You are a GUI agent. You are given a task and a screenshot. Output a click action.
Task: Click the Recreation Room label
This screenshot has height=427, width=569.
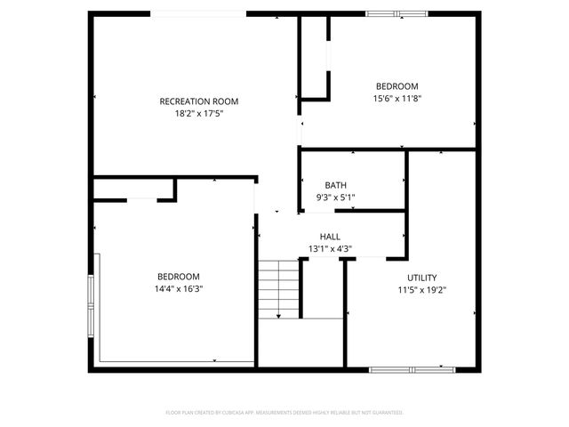pyautogui.click(x=199, y=101)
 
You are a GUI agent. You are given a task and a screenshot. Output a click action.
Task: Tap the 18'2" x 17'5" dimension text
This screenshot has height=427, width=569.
pyautogui.click(x=199, y=114)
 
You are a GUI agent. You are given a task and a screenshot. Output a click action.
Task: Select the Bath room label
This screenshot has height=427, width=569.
pyautogui.click(x=336, y=185)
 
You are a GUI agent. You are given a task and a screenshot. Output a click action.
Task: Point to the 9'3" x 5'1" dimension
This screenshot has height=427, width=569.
pyautogui.click(x=336, y=197)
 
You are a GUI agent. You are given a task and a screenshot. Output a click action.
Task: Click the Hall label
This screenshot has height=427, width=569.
pyautogui.click(x=331, y=237)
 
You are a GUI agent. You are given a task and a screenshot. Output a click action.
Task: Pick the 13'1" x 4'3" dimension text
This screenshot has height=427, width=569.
pyautogui.click(x=331, y=249)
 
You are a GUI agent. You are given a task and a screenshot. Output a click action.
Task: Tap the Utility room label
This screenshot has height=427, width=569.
pyautogui.click(x=422, y=278)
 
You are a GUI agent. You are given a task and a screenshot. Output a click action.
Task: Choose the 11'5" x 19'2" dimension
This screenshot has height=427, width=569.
pyautogui.click(x=422, y=290)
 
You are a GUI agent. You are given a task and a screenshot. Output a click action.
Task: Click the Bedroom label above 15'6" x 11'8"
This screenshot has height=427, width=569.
pyautogui.click(x=397, y=86)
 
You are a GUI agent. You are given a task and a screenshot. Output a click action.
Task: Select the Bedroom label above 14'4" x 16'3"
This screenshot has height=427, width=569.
pyautogui.click(x=179, y=277)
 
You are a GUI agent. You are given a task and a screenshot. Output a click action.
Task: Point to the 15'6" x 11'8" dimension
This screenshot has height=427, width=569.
pyautogui.click(x=397, y=99)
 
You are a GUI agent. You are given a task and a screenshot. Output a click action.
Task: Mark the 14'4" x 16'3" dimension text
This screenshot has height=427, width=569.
pyautogui.click(x=179, y=289)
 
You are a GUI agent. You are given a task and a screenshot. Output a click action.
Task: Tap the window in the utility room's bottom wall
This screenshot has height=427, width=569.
pyautogui.click(x=412, y=368)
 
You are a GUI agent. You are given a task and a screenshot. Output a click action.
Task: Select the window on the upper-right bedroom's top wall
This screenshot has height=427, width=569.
pyautogui.click(x=397, y=13)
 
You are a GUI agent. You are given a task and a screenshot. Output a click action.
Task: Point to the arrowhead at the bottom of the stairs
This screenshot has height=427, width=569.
pyautogui.click(x=278, y=316)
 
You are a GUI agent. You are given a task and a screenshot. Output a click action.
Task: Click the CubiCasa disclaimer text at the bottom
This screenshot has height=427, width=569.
pyautogui.click(x=284, y=413)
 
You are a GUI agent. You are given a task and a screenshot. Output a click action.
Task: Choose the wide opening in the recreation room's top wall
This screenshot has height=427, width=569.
pyautogui.click(x=198, y=13)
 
